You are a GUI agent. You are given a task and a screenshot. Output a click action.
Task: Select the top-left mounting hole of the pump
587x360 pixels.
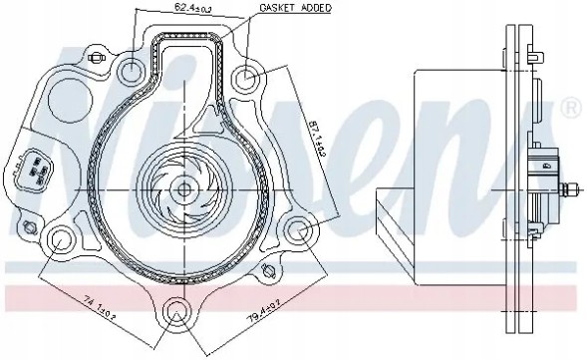pyautogui.click(x=131, y=70)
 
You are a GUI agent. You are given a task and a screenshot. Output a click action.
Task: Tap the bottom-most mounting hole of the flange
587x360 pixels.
pyautogui.click(x=176, y=309)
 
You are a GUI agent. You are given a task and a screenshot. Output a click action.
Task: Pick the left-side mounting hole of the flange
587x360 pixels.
pyautogui.click(x=63, y=240)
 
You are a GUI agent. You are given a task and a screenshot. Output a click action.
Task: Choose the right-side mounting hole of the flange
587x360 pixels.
pyautogui.click(x=298, y=233)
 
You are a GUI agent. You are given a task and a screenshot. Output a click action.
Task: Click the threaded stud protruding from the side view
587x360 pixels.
pyautogui.click(x=572, y=186)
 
